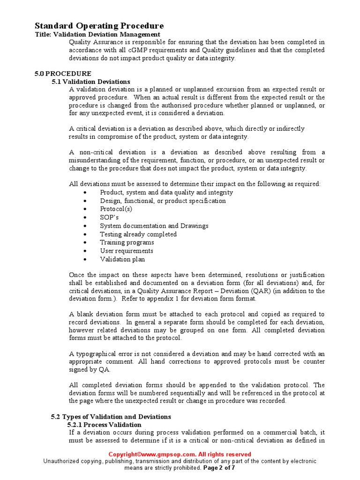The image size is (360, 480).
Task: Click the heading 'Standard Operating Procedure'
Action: [99, 26]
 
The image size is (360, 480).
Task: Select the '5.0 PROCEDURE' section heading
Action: [63, 74]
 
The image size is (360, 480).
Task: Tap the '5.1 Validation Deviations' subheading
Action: [91, 82]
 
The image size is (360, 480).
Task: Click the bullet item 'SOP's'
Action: [109, 217]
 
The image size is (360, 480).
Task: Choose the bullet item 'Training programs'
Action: [127, 242]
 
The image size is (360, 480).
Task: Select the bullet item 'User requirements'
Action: [127, 251]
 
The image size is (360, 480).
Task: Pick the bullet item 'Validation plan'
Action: [122, 259]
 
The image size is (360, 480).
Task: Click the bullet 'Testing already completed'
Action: [138, 234]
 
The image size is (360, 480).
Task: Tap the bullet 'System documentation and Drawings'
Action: [154, 226]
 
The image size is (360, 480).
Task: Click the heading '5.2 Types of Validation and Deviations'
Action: [111, 417]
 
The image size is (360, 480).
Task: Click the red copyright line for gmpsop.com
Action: [180, 454]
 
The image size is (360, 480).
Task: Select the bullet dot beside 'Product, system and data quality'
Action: [84, 193]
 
